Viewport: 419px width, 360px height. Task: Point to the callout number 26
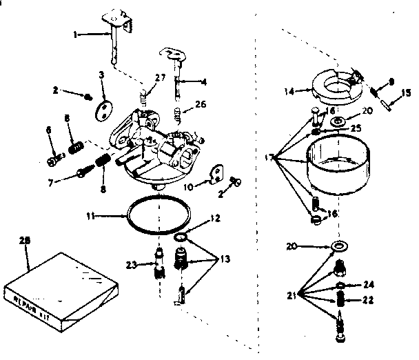(x=201, y=105)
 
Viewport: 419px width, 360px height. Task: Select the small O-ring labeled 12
(x=181, y=238)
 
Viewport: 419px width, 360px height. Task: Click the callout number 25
(x=356, y=128)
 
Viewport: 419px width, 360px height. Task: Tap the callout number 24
(x=369, y=284)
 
